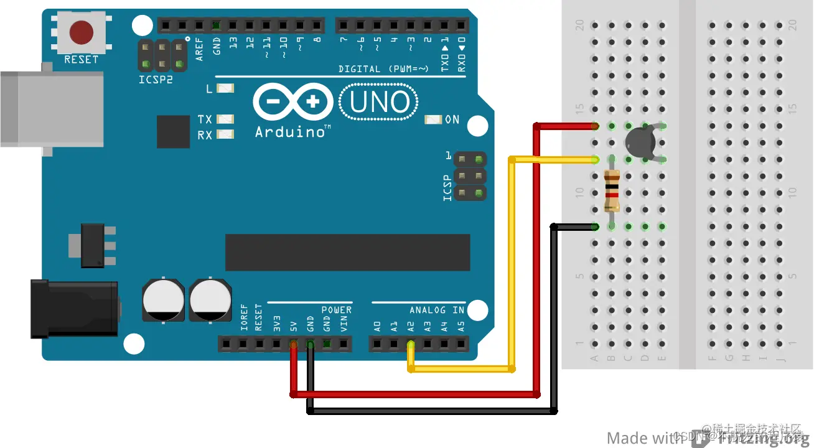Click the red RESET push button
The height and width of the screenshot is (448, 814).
[x=82, y=33]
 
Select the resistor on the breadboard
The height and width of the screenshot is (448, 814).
[x=612, y=192]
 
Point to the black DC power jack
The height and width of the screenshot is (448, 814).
[x=75, y=309]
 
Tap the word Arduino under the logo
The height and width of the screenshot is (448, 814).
[x=290, y=132]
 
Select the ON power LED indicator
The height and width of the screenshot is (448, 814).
[x=433, y=119]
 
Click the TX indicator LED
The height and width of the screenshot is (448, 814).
[x=225, y=119]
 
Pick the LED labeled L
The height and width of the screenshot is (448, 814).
[x=225, y=89]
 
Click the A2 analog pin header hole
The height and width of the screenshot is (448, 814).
[x=410, y=343]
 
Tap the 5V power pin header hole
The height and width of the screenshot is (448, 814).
[x=294, y=343]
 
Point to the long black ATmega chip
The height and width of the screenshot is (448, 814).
[x=347, y=253]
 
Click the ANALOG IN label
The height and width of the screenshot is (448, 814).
[x=436, y=310]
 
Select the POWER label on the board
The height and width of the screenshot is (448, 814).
[x=336, y=310]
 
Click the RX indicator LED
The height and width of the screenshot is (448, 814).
[x=225, y=134]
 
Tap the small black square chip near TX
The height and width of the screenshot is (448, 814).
[x=173, y=131]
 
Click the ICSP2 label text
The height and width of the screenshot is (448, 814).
[x=156, y=80]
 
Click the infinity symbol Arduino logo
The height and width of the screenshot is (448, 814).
[x=292, y=102]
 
